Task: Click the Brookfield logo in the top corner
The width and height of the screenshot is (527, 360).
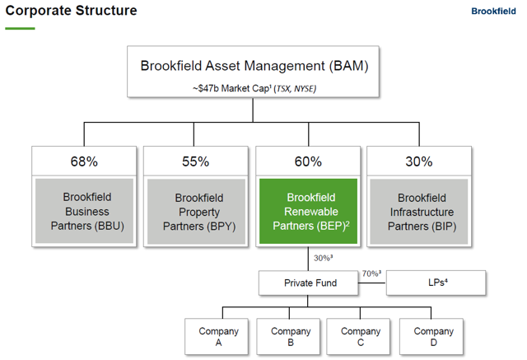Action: point(493,11)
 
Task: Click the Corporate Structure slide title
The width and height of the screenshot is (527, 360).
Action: point(72,11)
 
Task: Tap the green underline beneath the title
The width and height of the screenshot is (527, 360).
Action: point(20,28)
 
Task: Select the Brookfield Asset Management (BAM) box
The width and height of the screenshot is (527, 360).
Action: point(253,72)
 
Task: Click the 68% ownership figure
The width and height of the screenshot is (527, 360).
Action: point(84,161)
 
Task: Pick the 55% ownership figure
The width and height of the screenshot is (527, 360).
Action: point(196,161)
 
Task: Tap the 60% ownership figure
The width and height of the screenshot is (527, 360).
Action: point(308,161)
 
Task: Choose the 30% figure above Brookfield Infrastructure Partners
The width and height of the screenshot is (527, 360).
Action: point(419,161)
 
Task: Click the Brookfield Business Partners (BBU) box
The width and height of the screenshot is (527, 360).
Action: point(84,211)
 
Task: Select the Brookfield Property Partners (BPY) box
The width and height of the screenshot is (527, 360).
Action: point(196,211)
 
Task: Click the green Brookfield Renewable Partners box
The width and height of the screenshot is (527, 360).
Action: point(308,211)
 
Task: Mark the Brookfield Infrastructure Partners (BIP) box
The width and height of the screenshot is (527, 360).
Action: point(419,211)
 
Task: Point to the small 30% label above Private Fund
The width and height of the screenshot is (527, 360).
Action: point(323,258)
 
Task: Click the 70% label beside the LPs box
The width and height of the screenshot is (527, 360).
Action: point(371,274)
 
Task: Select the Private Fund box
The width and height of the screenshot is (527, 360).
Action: point(308,283)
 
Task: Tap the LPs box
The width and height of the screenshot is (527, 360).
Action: point(436,283)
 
